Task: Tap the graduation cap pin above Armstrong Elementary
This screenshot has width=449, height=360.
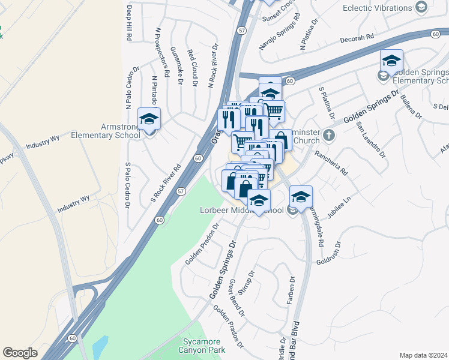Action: pyautogui.click(x=149, y=118)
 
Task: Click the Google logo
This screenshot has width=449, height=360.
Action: pyautogui.click(x=20, y=353)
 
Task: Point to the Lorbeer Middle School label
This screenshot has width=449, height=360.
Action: pyautogui.click(x=241, y=211)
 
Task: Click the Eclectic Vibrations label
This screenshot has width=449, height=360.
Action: pyautogui.click(x=376, y=8)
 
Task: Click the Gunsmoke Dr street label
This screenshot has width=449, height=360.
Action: pyautogui.click(x=176, y=65)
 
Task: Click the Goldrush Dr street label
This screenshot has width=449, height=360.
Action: pyautogui.click(x=330, y=255)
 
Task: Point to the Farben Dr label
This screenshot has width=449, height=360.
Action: pyautogui.click(x=292, y=290)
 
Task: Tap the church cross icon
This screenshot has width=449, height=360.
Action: pyautogui.click(x=328, y=134)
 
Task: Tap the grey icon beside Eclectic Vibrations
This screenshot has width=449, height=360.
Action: pyautogui.click(x=420, y=7)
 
